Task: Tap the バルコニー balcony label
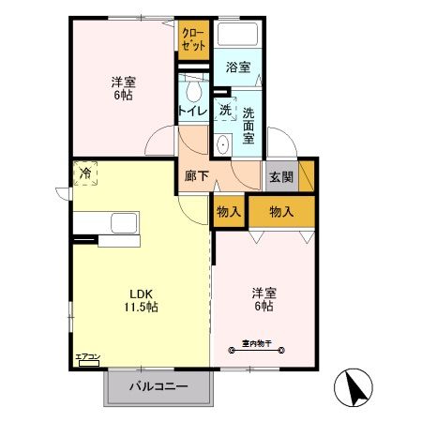tap(158, 386)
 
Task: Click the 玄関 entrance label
tap(280, 176)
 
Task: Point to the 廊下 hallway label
tap(195, 175)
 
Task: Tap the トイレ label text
tap(192, 112)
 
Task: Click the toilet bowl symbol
tap(194, 91)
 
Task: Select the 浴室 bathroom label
tap(238, 68)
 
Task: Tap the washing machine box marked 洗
tap(225, 110)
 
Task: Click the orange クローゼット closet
tap(194, 39)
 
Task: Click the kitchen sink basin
tap(124, 225)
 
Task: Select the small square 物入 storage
tap(229, 212)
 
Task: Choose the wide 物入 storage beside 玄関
tap(280, 212)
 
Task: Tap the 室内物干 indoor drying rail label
tap(251, 345)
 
